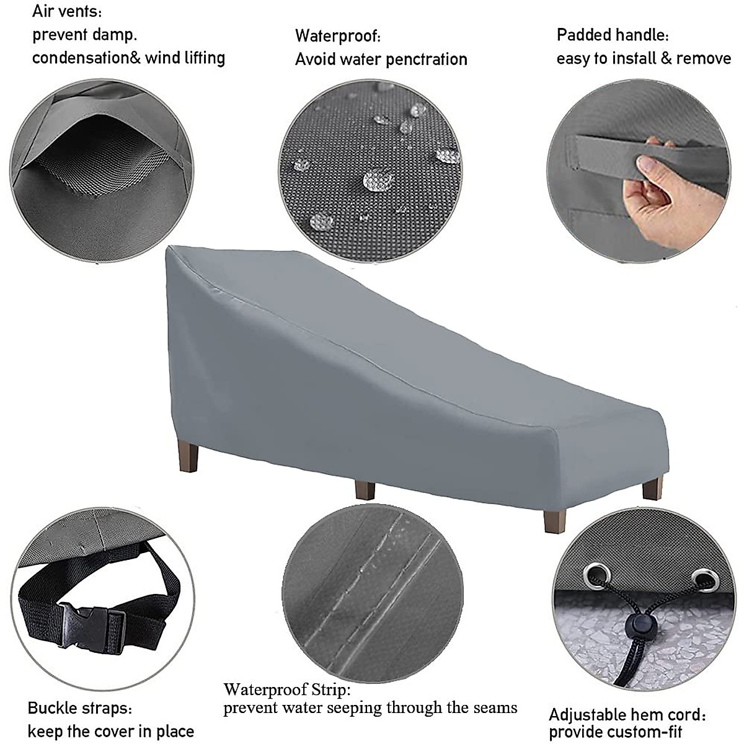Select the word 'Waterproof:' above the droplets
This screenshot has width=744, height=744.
pos(337,36)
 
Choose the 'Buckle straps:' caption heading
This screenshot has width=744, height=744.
pos(79,707)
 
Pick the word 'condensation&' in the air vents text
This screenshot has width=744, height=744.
pos(86,58)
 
